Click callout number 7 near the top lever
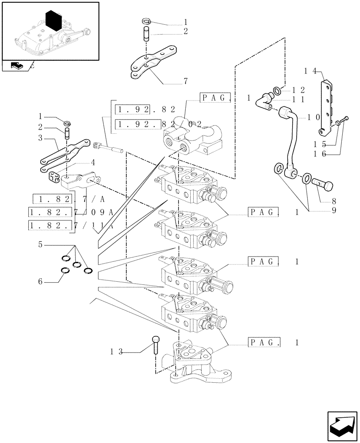[x=185, y=82]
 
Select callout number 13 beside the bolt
[x=117, y=352]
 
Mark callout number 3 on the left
[x=40, y=138]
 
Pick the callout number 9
[x=333, y=210]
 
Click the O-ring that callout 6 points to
[x=65, y=271]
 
